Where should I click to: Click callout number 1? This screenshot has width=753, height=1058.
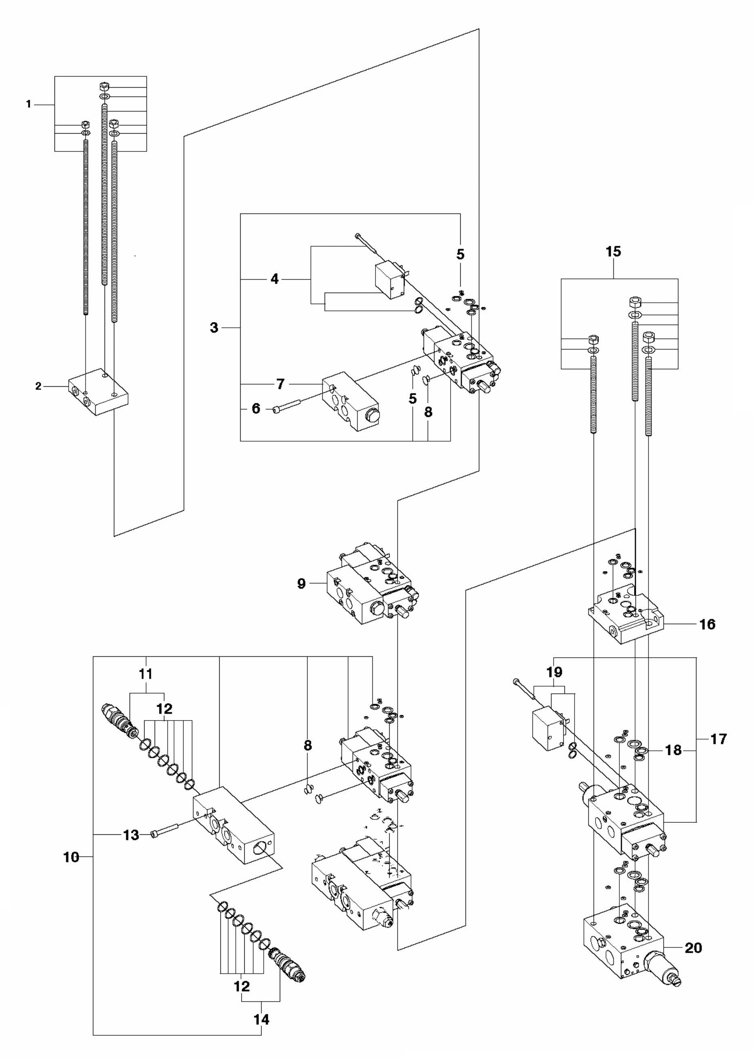pyautogui.click(x=28, y=105)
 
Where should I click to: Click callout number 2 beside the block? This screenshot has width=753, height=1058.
pyautogui.click(x=38, y=386)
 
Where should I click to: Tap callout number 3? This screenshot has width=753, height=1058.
pyautogui.click(x=214, y=328)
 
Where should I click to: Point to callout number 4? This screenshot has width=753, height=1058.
pyautogui.click(x=275, y=279)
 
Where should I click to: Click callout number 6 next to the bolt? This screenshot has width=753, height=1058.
pyautogui.click(x=256, y=409)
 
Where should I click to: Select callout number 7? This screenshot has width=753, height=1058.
pyautogui.click(x=280, y=384)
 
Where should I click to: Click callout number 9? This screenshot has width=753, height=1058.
pyautogui.click(x=301, y=583)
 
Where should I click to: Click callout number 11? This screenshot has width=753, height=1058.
pyautogui.click(x=146, y=674)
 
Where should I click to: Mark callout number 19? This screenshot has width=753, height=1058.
pyautogui.click(x=554, y=672)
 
